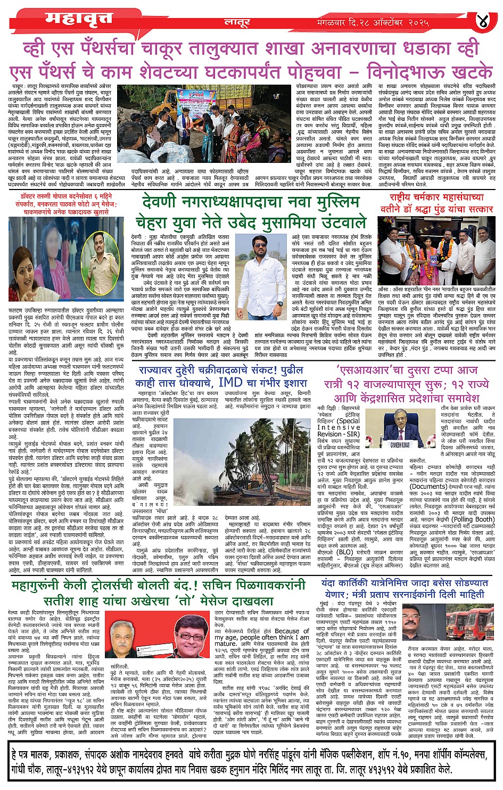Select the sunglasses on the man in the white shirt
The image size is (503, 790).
point(260,245)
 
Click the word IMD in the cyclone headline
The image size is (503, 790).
point(230,382)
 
